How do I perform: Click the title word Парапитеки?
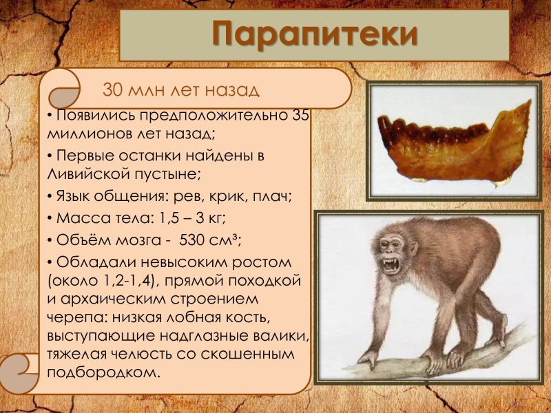(315, 33)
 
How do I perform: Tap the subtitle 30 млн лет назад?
(181, 90)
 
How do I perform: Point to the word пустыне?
(167, 174)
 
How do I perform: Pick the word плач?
(272, 196)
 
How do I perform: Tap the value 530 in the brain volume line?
(192, 240)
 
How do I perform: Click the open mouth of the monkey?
(391, 266)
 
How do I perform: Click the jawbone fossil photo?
(455, 141)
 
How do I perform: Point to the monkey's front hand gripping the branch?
(367, 359)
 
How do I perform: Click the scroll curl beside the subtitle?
(63, 90)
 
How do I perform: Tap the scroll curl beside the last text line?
(19, 373)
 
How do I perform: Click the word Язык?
(72, 196)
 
